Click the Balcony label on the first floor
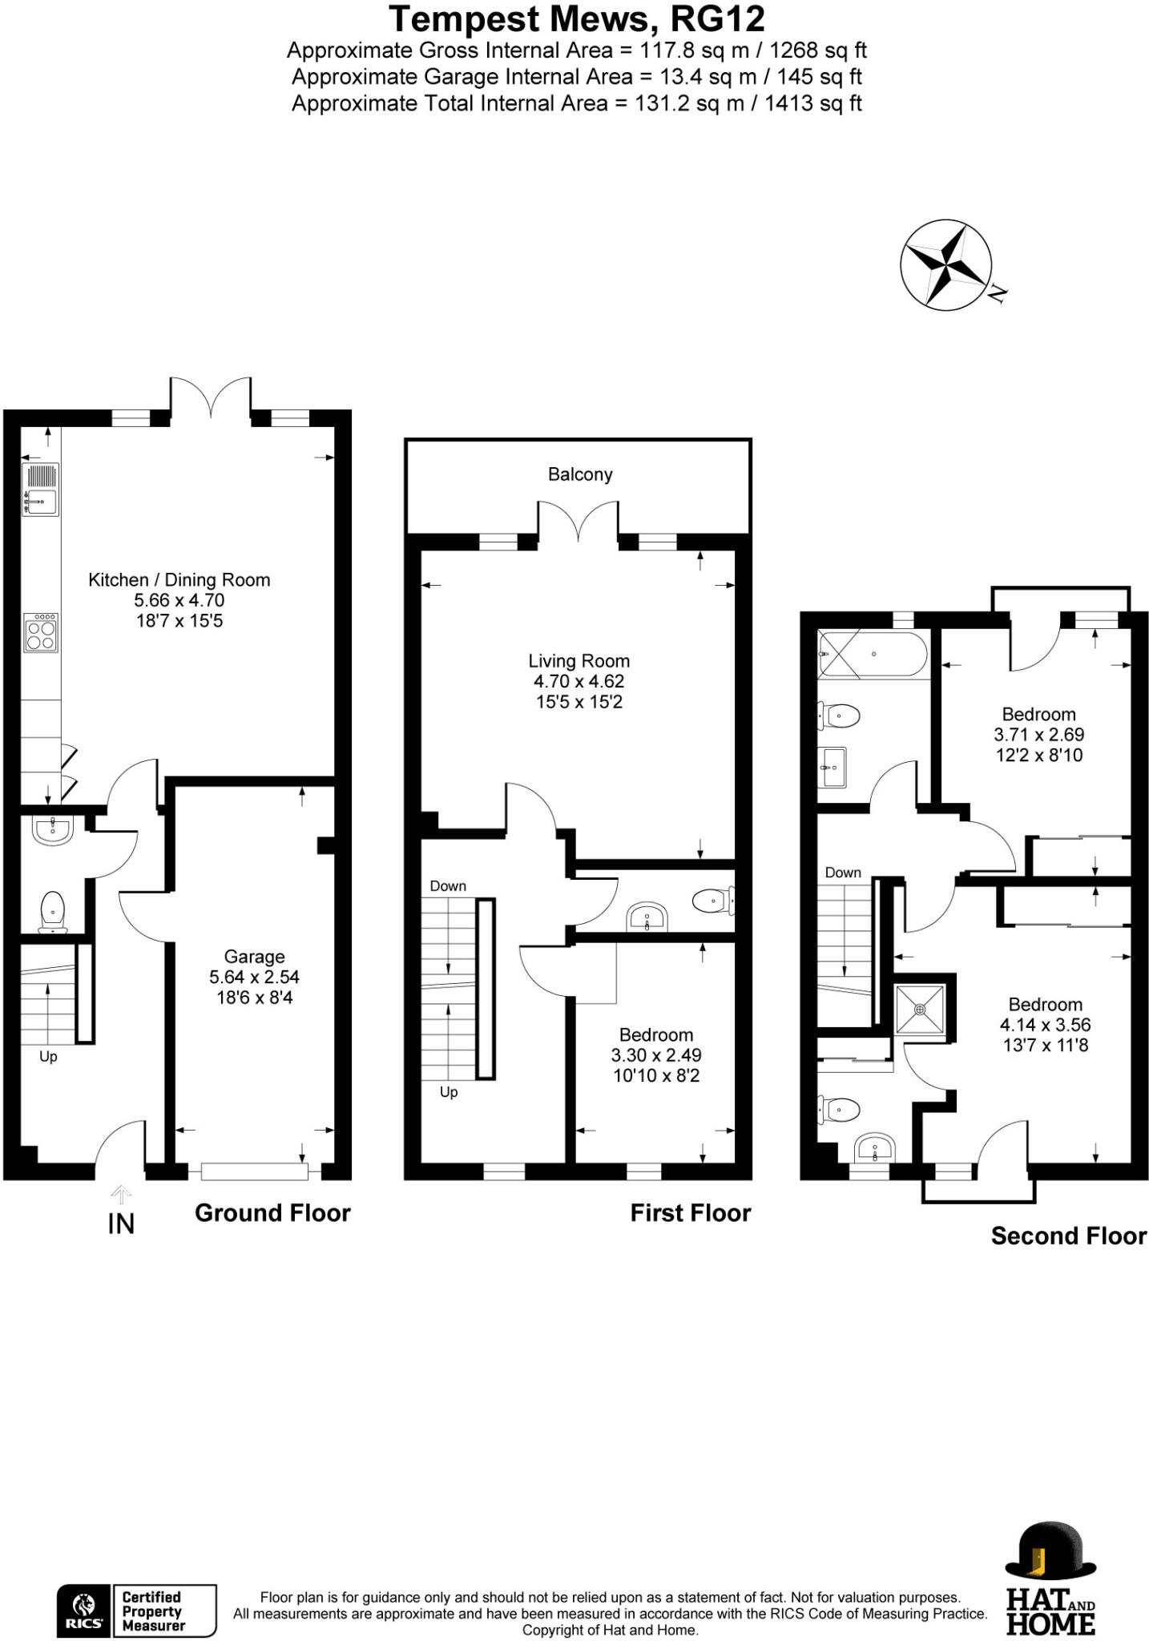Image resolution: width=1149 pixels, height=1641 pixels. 580,474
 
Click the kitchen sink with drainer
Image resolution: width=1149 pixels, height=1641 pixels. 41,489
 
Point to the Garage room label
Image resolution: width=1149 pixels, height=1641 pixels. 254,957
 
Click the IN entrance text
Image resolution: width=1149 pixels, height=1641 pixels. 121,1224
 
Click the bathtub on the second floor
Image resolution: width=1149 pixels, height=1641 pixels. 873,655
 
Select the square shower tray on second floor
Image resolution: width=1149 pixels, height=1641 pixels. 920,1010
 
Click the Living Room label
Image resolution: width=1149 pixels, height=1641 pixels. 579,661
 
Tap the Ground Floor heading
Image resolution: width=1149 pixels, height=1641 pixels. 272,1213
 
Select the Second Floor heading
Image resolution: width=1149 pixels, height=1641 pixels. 1068,1236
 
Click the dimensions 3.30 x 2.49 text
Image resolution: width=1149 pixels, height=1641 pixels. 655,1055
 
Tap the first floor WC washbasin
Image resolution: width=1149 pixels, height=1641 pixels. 647,917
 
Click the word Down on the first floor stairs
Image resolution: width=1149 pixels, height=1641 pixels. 448,886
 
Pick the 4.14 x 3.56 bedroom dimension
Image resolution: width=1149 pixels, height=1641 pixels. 1045,1025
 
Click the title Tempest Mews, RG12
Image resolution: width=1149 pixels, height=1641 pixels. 576,18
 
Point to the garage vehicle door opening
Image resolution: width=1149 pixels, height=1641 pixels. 254,1171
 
